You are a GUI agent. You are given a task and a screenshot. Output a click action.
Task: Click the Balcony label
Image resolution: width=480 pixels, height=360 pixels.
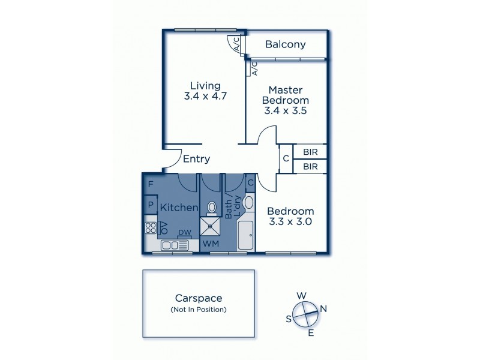(x=286, y=44)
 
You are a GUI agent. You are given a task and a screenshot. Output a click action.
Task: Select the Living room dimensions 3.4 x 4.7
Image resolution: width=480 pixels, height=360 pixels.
(x=205, y=95)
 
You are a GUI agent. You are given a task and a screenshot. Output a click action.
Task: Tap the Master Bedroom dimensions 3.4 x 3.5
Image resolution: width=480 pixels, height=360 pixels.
(x=286, y=110)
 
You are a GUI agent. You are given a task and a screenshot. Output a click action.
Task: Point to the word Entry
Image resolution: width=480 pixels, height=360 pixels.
(x=196, y=159)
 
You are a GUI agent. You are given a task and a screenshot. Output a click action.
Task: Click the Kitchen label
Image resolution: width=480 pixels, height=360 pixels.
(x=179, y=207)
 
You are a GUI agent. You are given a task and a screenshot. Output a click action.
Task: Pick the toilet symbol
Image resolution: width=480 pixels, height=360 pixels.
(x=211, y=208)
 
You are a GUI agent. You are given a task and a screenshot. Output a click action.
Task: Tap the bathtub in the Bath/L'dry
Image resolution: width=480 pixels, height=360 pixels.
(x=247, y=236)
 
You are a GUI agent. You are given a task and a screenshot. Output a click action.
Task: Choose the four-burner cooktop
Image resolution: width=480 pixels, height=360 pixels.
(x=149, y=228)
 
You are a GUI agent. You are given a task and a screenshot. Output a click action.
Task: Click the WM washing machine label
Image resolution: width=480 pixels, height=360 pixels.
(x=211, y=244)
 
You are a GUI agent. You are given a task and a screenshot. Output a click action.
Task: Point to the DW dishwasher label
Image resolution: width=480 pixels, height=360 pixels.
(x=185, y=233)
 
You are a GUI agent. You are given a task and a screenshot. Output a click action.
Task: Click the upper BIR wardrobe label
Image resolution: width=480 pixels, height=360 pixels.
(x=310, y=152)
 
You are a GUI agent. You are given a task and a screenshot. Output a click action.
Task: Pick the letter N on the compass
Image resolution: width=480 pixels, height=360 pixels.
(x=323, y=309)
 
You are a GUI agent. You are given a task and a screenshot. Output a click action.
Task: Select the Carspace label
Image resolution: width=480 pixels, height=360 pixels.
(x=198, y=298)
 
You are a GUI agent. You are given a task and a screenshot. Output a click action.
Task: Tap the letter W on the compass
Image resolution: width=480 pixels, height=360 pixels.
(x=303, y=295)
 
